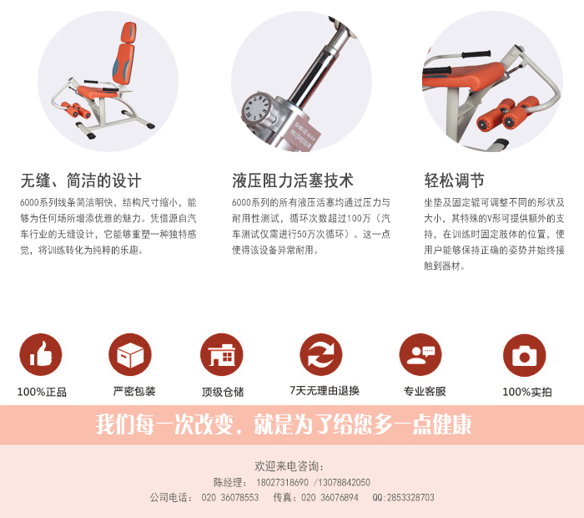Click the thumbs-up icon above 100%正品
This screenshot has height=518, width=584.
[41, 354]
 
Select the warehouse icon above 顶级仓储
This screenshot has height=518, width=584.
[222, 354]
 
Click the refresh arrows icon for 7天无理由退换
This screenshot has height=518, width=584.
[321, 354]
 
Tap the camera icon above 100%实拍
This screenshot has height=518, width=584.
[524, 354]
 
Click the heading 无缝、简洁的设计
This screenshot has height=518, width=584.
[81, 180]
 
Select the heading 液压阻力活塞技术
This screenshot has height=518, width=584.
[293, 180]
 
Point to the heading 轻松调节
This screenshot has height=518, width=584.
[454, 180]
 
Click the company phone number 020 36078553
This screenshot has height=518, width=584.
[230, 497]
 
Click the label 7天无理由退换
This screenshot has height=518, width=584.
[324, 390]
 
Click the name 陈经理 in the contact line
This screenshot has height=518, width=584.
[230, 483]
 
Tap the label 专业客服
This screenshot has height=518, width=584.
[425, 391]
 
